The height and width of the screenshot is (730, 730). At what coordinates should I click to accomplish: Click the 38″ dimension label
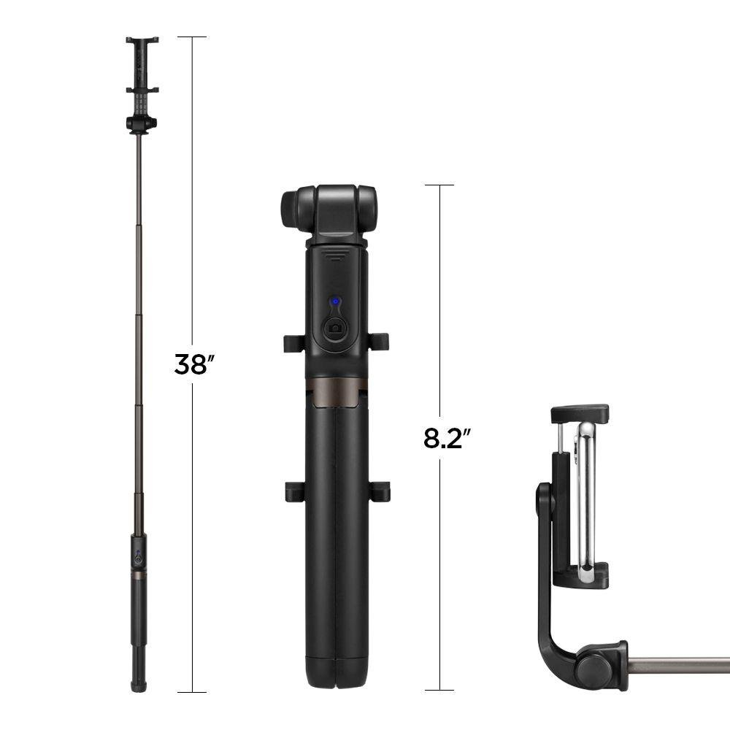click(191, 364)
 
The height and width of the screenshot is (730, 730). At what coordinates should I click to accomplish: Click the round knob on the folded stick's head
click(291, 209)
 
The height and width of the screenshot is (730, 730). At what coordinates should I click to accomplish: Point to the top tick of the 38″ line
click(192, 36)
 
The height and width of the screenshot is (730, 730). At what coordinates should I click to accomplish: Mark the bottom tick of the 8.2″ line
click(439, 690)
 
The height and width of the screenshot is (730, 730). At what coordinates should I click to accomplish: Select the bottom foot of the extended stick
click(137, 685)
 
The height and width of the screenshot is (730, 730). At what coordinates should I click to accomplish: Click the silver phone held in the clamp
click(585, 496)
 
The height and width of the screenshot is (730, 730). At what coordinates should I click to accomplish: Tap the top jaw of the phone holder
click(580, 412)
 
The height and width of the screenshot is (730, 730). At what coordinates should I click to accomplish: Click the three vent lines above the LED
click(335, 256)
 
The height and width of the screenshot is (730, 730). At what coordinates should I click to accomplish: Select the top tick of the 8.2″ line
click(439, 185)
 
